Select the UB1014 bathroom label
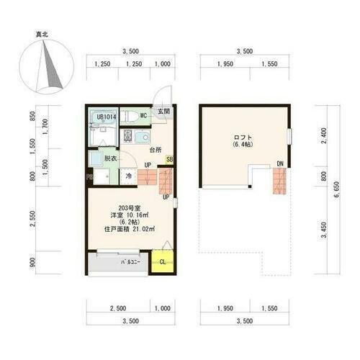click(106, 117)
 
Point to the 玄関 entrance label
click(164, 112)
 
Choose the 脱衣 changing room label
click(109, 158)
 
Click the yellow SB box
click(169, 160)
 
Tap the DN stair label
click(279, 165)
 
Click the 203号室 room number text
click(129, 207)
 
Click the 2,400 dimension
click(324, 135)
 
